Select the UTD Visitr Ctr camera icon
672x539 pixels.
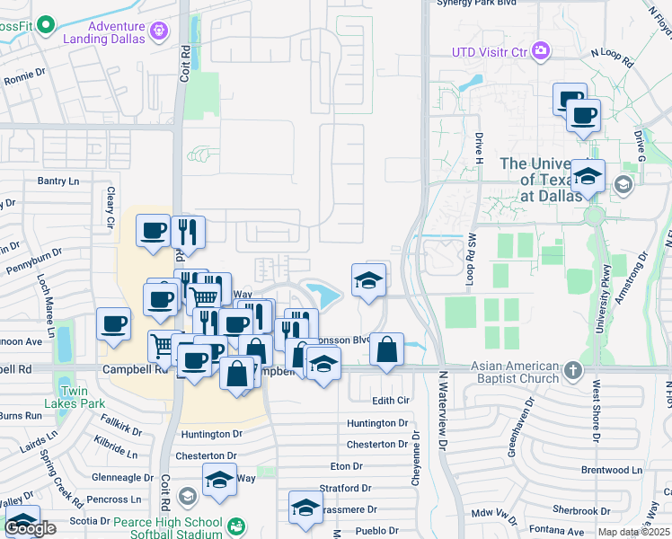pos(540,50)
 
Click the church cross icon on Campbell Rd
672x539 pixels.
pos(571,368)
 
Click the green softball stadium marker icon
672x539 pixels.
pos(235,525)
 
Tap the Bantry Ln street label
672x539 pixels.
pos(58,181)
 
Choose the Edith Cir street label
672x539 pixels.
pos(390,400)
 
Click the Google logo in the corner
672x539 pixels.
pos(30,528)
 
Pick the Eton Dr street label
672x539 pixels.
pos(346,466)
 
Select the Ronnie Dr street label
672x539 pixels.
pos(24,75)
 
